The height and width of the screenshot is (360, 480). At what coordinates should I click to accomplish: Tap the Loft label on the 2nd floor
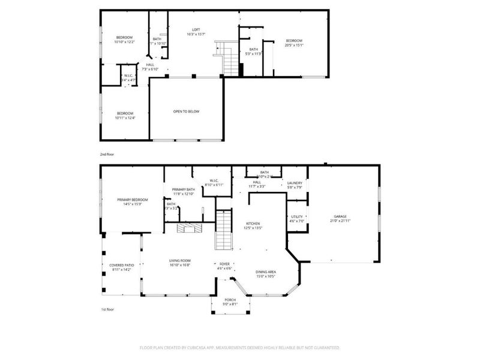[x=196, y=30]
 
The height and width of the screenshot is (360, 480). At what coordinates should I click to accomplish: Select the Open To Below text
[x=186, y=112]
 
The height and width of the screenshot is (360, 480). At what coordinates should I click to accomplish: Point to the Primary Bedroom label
[x=132, y=199]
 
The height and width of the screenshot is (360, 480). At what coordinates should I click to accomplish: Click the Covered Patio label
[x=121, y=265]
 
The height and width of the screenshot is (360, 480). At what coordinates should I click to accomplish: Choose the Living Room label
[x=180, y=260]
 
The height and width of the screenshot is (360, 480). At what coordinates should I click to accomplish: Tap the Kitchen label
[x=252, y=223]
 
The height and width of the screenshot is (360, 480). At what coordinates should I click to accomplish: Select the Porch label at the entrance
[x=230, y=300]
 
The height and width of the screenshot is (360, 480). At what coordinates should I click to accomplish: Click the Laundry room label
[x=294, y=183]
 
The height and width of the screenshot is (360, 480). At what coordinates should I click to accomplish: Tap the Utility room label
[x=297, y=217]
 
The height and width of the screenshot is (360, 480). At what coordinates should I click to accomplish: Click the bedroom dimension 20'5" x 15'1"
[x=294, y=45]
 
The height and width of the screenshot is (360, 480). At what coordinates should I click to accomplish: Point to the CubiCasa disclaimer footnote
[x=240, y=347]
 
